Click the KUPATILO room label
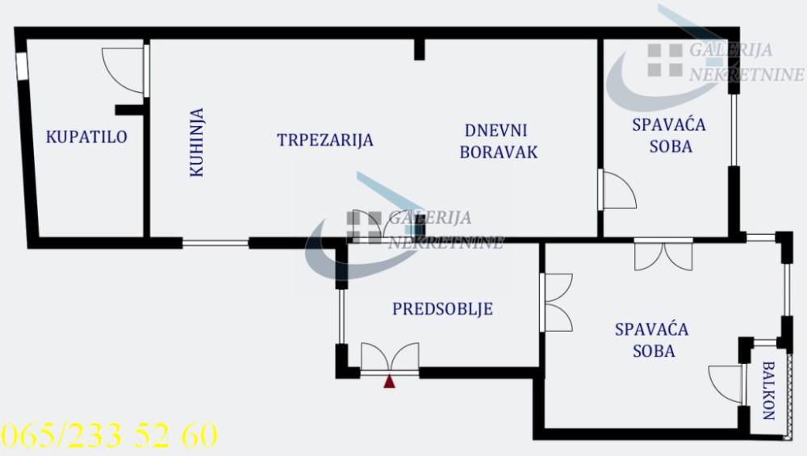point(86,136)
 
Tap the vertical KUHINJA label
point(197,143)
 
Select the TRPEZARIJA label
point(325,140)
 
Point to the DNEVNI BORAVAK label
point(498,140)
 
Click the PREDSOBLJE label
point(442,308)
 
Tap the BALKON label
point(767,391)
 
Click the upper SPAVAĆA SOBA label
point(668,136)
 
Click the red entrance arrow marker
point(390,382)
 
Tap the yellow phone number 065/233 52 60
point(110,436)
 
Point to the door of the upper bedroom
point(617,190)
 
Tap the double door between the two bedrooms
point(663,255)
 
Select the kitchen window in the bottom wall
point(215,243)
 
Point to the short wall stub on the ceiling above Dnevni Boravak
point(419,48)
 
